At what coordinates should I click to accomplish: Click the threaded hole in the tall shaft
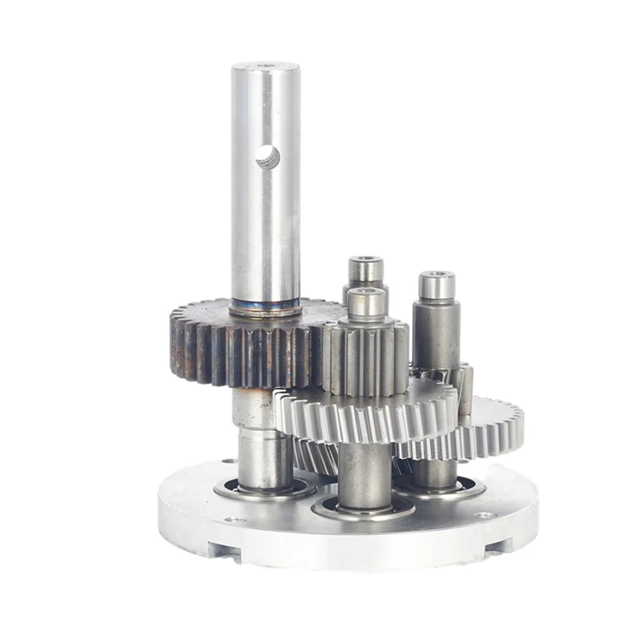click(x=267, y=156)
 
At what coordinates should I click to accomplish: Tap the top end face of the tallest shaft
click(x=265, y=66)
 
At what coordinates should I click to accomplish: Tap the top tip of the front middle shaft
click(x=368, y=294)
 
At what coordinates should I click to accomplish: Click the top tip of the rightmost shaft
click(x=436, y=277)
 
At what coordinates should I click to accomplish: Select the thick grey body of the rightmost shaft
click(x=436, y=333)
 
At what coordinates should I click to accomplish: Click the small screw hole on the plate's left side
click(x=231, y=520)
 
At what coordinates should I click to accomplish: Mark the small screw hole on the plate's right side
click(x=484, y=515)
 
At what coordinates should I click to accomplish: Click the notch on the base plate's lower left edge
click(x=224, y=550)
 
